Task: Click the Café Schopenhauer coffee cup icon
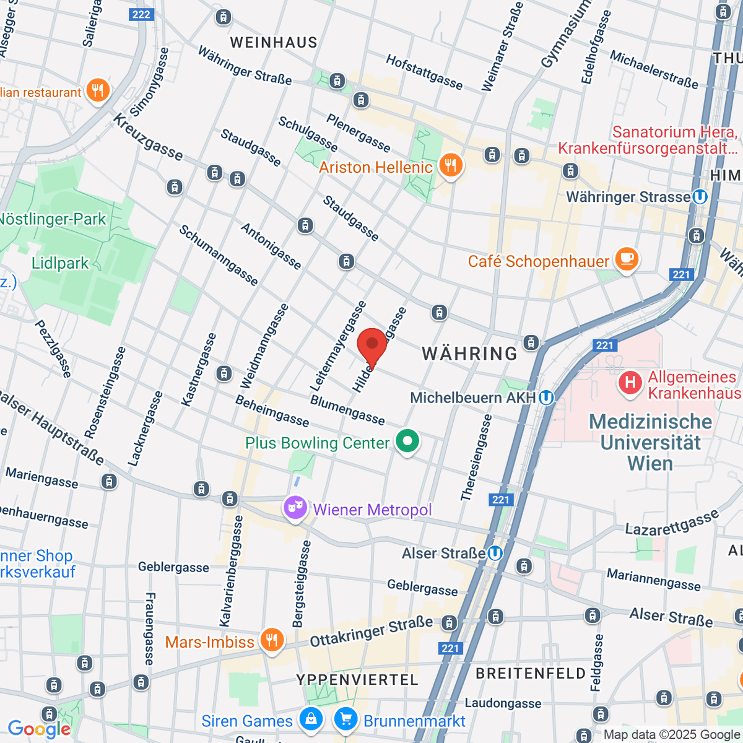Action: click(627, 260)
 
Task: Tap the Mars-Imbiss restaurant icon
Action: click(271, 640)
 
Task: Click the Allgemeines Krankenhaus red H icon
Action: click(630, 382)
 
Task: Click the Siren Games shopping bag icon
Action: click(310, 719)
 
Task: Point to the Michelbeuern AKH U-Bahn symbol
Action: click(545, 398)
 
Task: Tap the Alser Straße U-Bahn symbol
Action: click(495, 553)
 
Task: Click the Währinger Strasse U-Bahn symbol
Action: click(700, 197)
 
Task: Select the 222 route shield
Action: click(141, 14)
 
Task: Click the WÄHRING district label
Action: click(469, 354)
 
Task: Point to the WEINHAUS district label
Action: click(274, 43)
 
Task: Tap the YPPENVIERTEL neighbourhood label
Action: click(357, 680)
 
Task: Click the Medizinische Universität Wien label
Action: click(650, 443)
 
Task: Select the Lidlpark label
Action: click(60, 263)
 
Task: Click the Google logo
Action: click(38, 729)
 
